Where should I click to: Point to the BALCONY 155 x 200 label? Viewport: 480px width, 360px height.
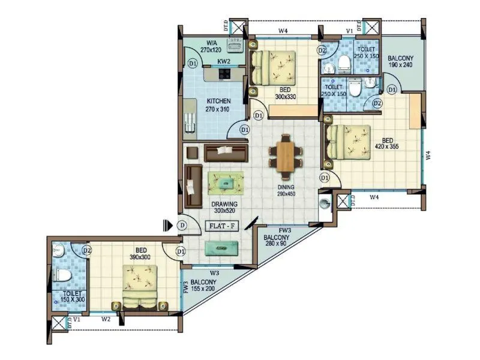pos(203,285)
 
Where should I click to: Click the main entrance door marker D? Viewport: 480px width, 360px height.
pos(182,226)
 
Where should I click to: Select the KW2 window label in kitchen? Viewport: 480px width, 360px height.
pos(223,61)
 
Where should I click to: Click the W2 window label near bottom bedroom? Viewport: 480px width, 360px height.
pos(106,320)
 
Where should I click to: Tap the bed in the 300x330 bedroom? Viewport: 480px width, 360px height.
pos(274,68)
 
